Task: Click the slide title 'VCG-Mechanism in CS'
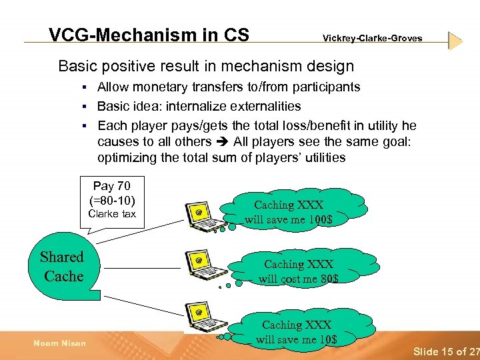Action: [149, 35]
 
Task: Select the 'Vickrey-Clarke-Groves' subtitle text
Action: [372, 39]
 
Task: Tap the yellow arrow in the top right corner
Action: [455, 41]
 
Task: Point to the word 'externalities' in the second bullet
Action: [266, 106]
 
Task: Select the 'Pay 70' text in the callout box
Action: [112, 187]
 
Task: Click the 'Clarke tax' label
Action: [112, 214]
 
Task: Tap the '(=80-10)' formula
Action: [112, 200]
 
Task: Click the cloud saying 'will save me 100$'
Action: [297, 212]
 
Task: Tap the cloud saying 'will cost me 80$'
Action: [298, 271]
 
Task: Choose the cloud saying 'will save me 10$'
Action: [297, 331]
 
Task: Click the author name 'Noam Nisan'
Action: [59, 343]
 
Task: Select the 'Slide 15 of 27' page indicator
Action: [445, 351]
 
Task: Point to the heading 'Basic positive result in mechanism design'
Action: [206, 66]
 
